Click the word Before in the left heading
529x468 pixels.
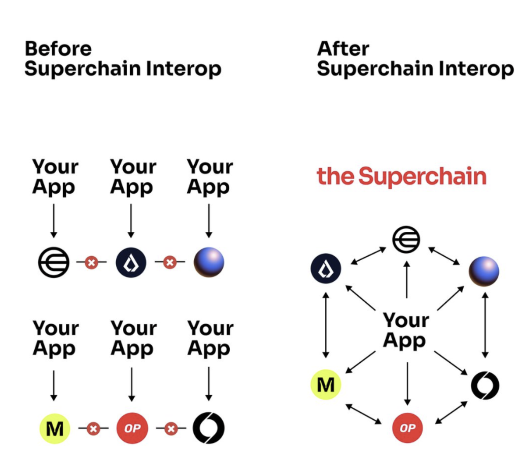coord(58,49)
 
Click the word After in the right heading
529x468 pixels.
coord(343,49)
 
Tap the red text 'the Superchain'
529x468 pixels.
coord(401,176)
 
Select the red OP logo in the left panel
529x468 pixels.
coord(132,428)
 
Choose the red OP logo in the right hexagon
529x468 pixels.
coord(407,428)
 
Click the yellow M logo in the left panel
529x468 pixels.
coord(55,428)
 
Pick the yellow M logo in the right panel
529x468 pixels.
coord(326,385)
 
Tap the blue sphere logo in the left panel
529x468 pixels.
coord(209,262)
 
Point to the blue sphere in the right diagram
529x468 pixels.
coord(484,271)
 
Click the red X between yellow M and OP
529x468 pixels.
coord(93,428)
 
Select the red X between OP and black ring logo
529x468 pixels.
coord(171,428)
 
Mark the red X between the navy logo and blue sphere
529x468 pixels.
coord(170,262)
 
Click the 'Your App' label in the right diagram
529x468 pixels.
coord(406,330)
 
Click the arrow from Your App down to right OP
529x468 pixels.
coord(407,383)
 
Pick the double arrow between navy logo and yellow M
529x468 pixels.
coord(326,325)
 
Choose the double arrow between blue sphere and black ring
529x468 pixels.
coord(485,325)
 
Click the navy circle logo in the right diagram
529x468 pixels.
coord(326,268)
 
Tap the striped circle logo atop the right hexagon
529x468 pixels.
coord(406,240)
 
